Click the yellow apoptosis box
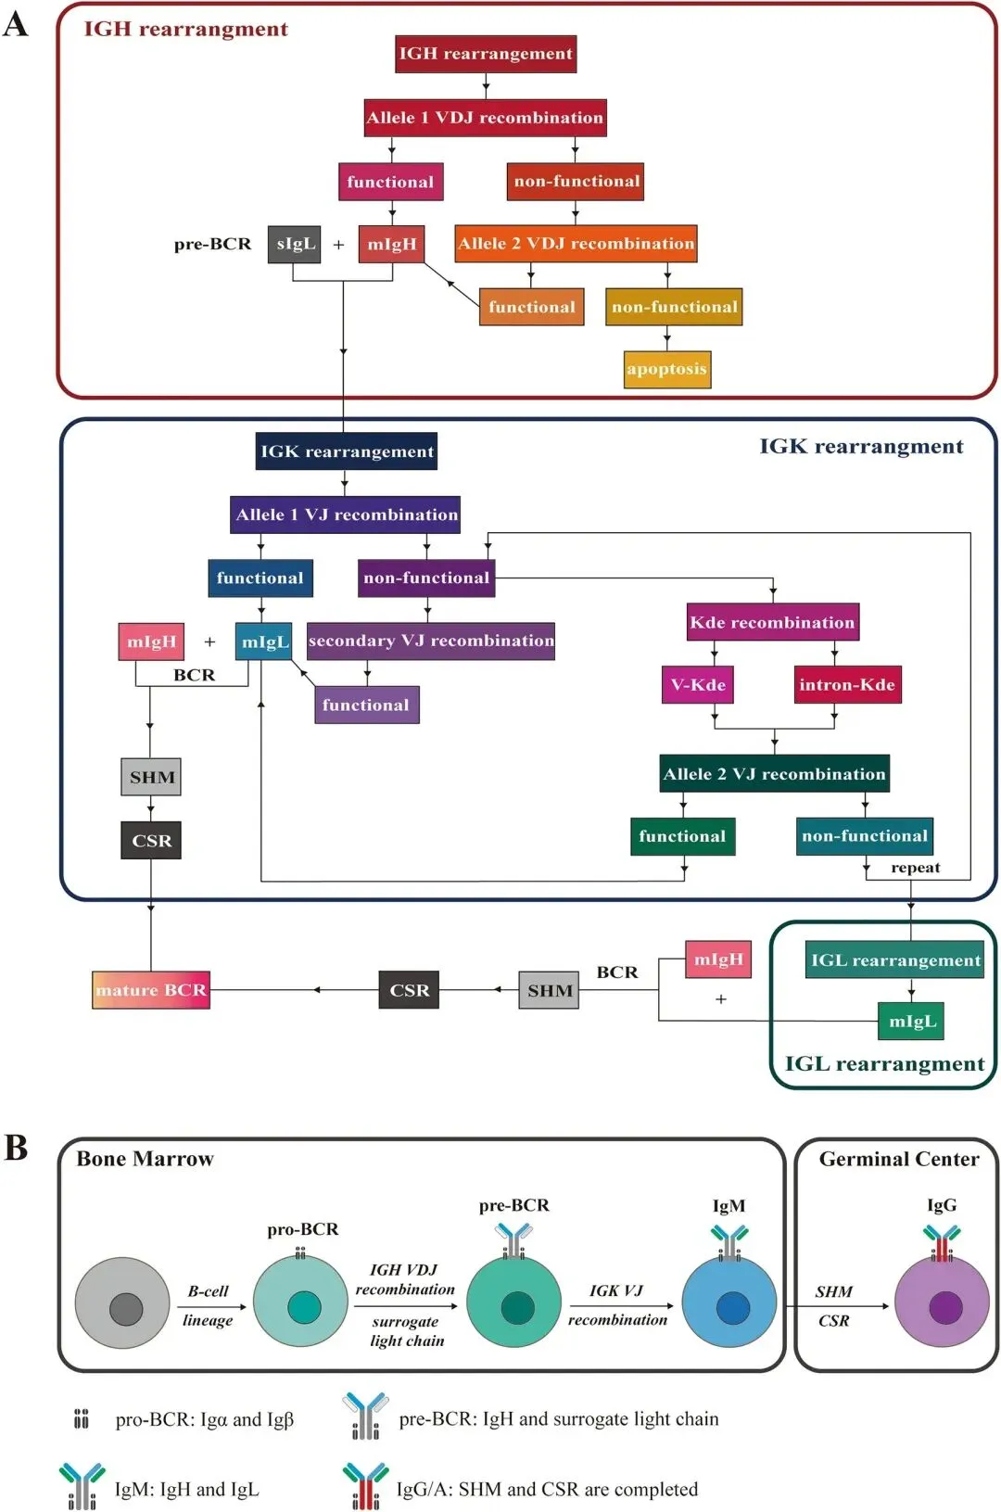click(x=667, y=369)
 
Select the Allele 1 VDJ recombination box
click(x=485, y=118)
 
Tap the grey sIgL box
click(x=295, y=244)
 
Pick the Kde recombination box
click(x=772, y=622)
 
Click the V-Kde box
click(x=698, y=685)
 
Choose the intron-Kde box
click(x=847, y=685)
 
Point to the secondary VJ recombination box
click(x=431, y=641)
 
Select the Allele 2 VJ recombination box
click(x=774, y=774)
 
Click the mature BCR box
click(x=151, y=990)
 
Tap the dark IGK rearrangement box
click(x=347, y=451)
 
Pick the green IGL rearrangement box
click(x=895, y=960)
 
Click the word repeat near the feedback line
click(x=915, y=868)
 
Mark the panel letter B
click(x=16, y=1148)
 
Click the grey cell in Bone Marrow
click(x=122, y=1303)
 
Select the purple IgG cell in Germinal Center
click(x=942, y=1304)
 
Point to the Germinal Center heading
click(x=898, y=1159)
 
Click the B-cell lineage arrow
click(x=211, y=1306)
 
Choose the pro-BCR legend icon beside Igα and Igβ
click(x=82, y=1419)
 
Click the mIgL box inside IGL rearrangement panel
click(x=912, y=1022)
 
